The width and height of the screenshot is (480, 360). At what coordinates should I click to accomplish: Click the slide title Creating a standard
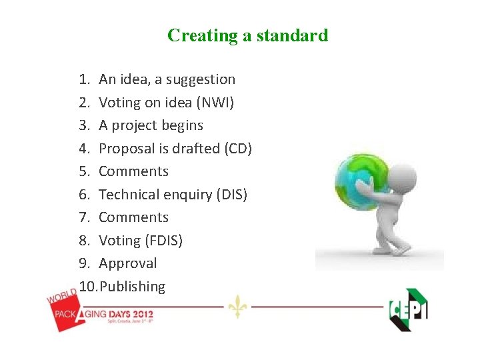pyautogui.click(x=247, y=35)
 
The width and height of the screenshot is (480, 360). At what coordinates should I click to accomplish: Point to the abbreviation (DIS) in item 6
pyautogui.click(x=230, y=195)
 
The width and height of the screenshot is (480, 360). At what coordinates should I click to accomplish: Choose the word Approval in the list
pyautogui.click(x=127, y=263)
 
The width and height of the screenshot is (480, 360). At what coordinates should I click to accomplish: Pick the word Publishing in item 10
pyautogui.click(x=132, y=287)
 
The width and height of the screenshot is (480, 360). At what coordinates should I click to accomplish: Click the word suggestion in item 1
pyautogui.click(x=201, y=80)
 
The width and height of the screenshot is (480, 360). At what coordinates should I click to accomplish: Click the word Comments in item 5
pyautogui.click(x=133, y=171)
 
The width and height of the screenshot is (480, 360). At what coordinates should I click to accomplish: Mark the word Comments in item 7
pyautogui.click(x=133, y=217)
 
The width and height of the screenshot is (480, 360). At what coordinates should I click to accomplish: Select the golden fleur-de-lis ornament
pyautogui.click(x=237, y=306)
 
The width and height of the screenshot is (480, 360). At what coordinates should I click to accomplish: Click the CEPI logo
pyautogui.click(x=408, y=309)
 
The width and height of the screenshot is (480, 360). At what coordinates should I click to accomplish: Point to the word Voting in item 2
pyautogui.click(x=120, y=103)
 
